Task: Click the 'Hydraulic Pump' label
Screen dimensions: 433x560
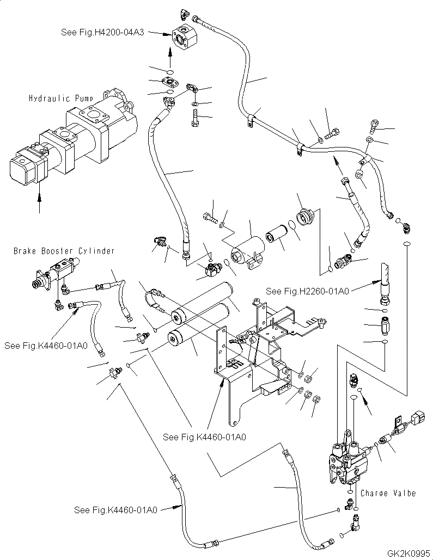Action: pyautogui.click(x=61, y=98)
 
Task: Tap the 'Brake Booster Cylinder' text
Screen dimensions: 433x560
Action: pyautogui.click(x=64, y=251)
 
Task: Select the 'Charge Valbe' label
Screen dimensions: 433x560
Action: pyautogui.click(x=388, y=493)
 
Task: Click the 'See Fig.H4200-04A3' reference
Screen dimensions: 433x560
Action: pyautogui.click(x=102, y=33)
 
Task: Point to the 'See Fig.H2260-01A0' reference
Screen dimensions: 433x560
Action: pyautogui.click(x=307, y=292)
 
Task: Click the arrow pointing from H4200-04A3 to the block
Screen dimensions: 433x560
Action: pyautogui.click(x=159, y=34)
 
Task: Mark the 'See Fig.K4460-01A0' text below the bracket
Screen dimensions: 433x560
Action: pyautogui.click(x=204, y=437)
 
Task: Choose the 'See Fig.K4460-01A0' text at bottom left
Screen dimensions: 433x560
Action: pyautogui.click(x=115, y=510)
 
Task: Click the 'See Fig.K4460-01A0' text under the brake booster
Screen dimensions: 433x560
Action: pyautogui.click(x=46, y=346)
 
